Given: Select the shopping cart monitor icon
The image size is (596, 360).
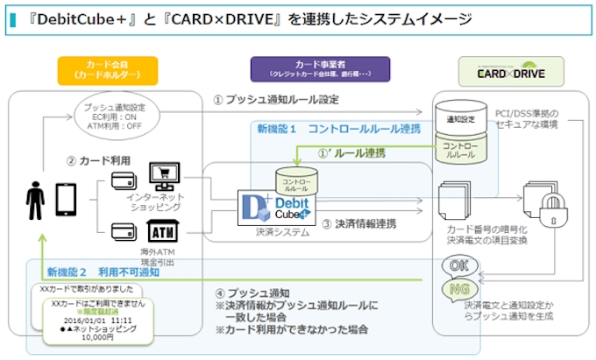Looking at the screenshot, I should click(165, 175).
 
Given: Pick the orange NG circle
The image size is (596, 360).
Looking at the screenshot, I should click(458, 288).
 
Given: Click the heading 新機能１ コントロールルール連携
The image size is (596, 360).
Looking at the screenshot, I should click(337, 129).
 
